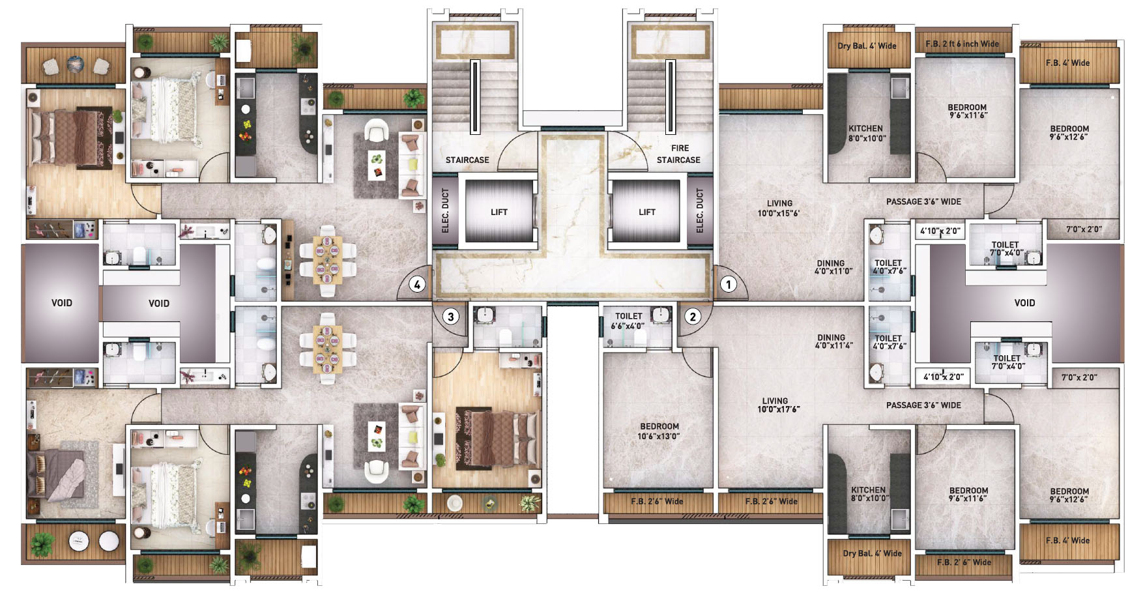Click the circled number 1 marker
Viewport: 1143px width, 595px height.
pos(729,284)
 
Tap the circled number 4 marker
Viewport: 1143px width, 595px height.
pos(417,284)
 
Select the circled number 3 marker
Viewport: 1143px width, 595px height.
pos(451,317)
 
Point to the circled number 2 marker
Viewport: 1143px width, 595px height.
pos(693,317)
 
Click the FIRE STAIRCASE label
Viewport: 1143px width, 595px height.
pos(678,154)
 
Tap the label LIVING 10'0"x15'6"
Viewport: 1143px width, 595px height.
pos(779,208)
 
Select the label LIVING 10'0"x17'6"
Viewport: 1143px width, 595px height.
pos(778,405)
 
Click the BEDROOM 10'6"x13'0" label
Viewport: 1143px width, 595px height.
pos(659,431)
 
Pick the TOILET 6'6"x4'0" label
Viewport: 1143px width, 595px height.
pos(628,321)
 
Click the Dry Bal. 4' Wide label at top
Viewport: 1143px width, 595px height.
pos(867,46)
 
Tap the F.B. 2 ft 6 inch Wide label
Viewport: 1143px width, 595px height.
pos(962,44)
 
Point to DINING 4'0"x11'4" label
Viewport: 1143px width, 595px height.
pos(832,341)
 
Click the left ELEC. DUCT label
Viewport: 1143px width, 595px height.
pos(446,210)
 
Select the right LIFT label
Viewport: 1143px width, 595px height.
pos(647,212)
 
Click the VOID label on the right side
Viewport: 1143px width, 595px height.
pos(1024,302)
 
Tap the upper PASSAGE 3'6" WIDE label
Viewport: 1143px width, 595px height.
pos(923,201)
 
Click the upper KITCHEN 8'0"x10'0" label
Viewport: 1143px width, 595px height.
pos(866,133)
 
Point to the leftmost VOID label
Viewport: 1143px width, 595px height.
pos(62,302)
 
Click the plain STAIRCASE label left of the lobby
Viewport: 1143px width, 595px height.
pos(467,160)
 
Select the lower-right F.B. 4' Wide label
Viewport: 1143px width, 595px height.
pos(1067,540)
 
